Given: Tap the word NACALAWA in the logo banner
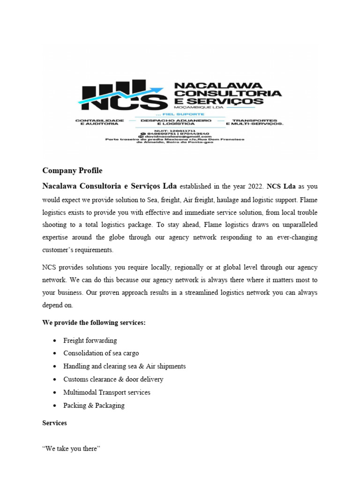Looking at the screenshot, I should [211, 85].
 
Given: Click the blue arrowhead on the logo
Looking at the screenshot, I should [160, 89].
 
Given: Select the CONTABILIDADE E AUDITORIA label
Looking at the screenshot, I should [99, 122].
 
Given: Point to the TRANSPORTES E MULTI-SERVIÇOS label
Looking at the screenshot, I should [255, 122].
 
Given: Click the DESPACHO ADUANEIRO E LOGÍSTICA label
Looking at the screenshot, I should [176, 122].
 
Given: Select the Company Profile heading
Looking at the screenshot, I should [72, 170].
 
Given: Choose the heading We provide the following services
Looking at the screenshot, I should [94, 323].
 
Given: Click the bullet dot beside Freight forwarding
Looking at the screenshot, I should [56, 341].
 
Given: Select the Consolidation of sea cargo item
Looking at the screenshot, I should [101, 353].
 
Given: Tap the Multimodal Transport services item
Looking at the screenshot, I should [107, 392].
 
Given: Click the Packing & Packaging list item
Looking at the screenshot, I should [94, 405].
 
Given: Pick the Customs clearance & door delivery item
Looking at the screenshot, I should [113, 379].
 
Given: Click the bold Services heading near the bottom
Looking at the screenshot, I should [54, 423].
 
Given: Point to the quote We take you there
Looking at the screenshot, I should [71, 449].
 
